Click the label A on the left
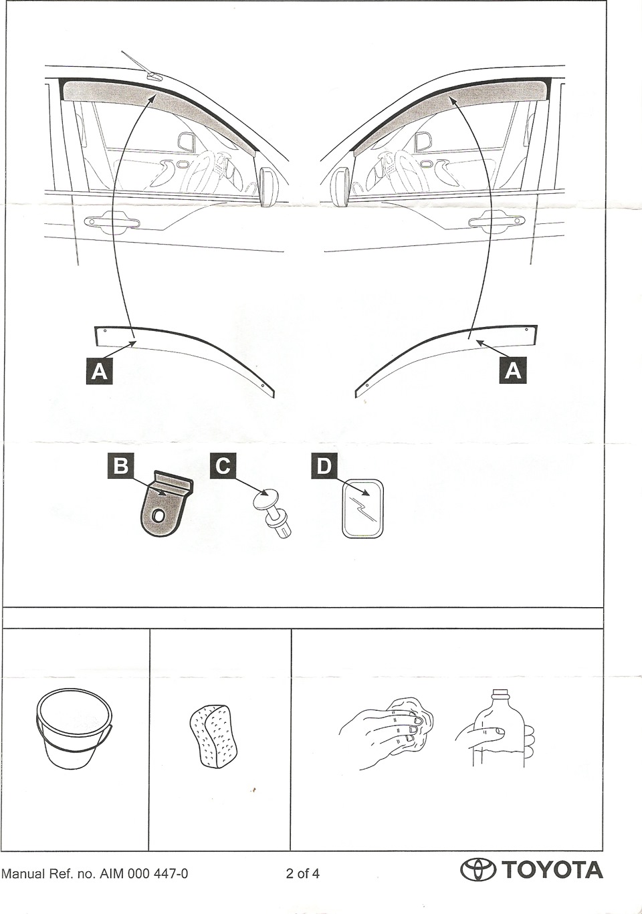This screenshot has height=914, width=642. [x=99, y=371]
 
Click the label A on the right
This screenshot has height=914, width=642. [x=513, y=371]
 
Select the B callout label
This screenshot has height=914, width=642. [x=121, y=465]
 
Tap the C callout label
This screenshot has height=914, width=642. [x=223, y=465]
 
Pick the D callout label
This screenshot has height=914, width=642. [x=324, y=465]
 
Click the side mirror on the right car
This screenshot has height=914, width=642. [x=342, y=187]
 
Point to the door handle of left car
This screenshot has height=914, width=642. [x=112, y=221]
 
